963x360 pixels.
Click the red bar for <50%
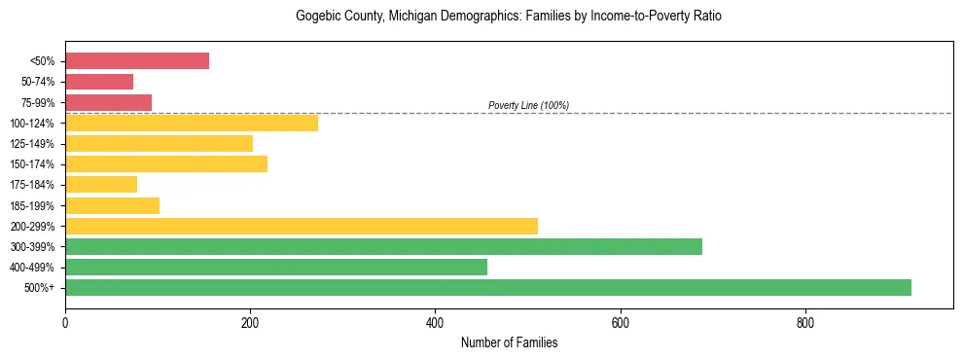point(137,61)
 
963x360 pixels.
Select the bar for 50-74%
point(99,82)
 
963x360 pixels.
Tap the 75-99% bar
point(108,102)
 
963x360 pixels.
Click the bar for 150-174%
point(166,164)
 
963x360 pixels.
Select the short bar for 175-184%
point(101,185)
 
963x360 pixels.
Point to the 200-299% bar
point(302,226)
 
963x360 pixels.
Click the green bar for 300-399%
point(383,246)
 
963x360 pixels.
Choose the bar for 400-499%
point(276,267)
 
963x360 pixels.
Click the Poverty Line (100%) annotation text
point(528,105)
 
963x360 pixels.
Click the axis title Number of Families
point(509,342)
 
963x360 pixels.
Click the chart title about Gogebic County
point(509,17)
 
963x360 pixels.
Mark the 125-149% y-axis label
point(33,144)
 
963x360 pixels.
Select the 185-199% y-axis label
point(33,205)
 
